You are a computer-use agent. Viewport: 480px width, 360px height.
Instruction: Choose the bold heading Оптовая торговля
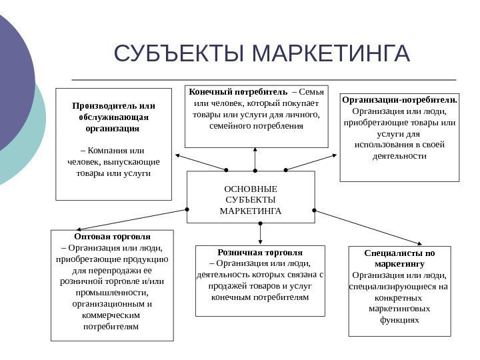click(112, 237)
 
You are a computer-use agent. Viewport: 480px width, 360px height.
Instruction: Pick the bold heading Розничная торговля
click(260, 253)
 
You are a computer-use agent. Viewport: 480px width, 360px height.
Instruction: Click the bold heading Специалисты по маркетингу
click(400, 259)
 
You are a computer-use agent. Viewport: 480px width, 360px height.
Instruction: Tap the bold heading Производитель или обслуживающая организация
click(113, 116)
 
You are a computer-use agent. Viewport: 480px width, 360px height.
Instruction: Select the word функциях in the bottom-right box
click(399, 320)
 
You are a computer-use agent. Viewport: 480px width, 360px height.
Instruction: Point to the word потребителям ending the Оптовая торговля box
click(112, 327)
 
